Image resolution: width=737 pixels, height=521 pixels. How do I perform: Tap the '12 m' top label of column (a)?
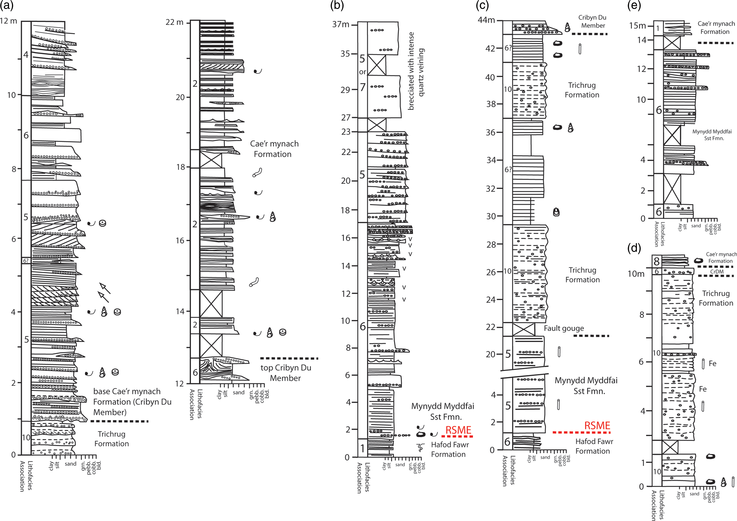pos(9,21)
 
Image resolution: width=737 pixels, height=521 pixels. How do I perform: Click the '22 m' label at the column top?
pos(174,22)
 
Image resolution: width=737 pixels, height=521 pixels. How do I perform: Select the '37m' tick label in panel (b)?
pos(341,24)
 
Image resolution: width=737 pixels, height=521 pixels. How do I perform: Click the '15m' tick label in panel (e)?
pos(637,26)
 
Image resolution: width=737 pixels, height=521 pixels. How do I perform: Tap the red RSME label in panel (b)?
pos(458,430)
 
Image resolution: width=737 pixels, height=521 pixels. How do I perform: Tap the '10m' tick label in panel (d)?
pos(636,274)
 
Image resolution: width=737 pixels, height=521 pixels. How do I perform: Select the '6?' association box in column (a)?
pos(26,261)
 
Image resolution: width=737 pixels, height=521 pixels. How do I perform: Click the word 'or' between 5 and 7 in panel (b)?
pos(362,72)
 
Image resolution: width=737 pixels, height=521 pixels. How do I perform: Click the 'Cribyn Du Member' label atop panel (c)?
pos(592,21)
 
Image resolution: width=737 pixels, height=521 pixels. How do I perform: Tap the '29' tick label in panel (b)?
pos(345,90)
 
